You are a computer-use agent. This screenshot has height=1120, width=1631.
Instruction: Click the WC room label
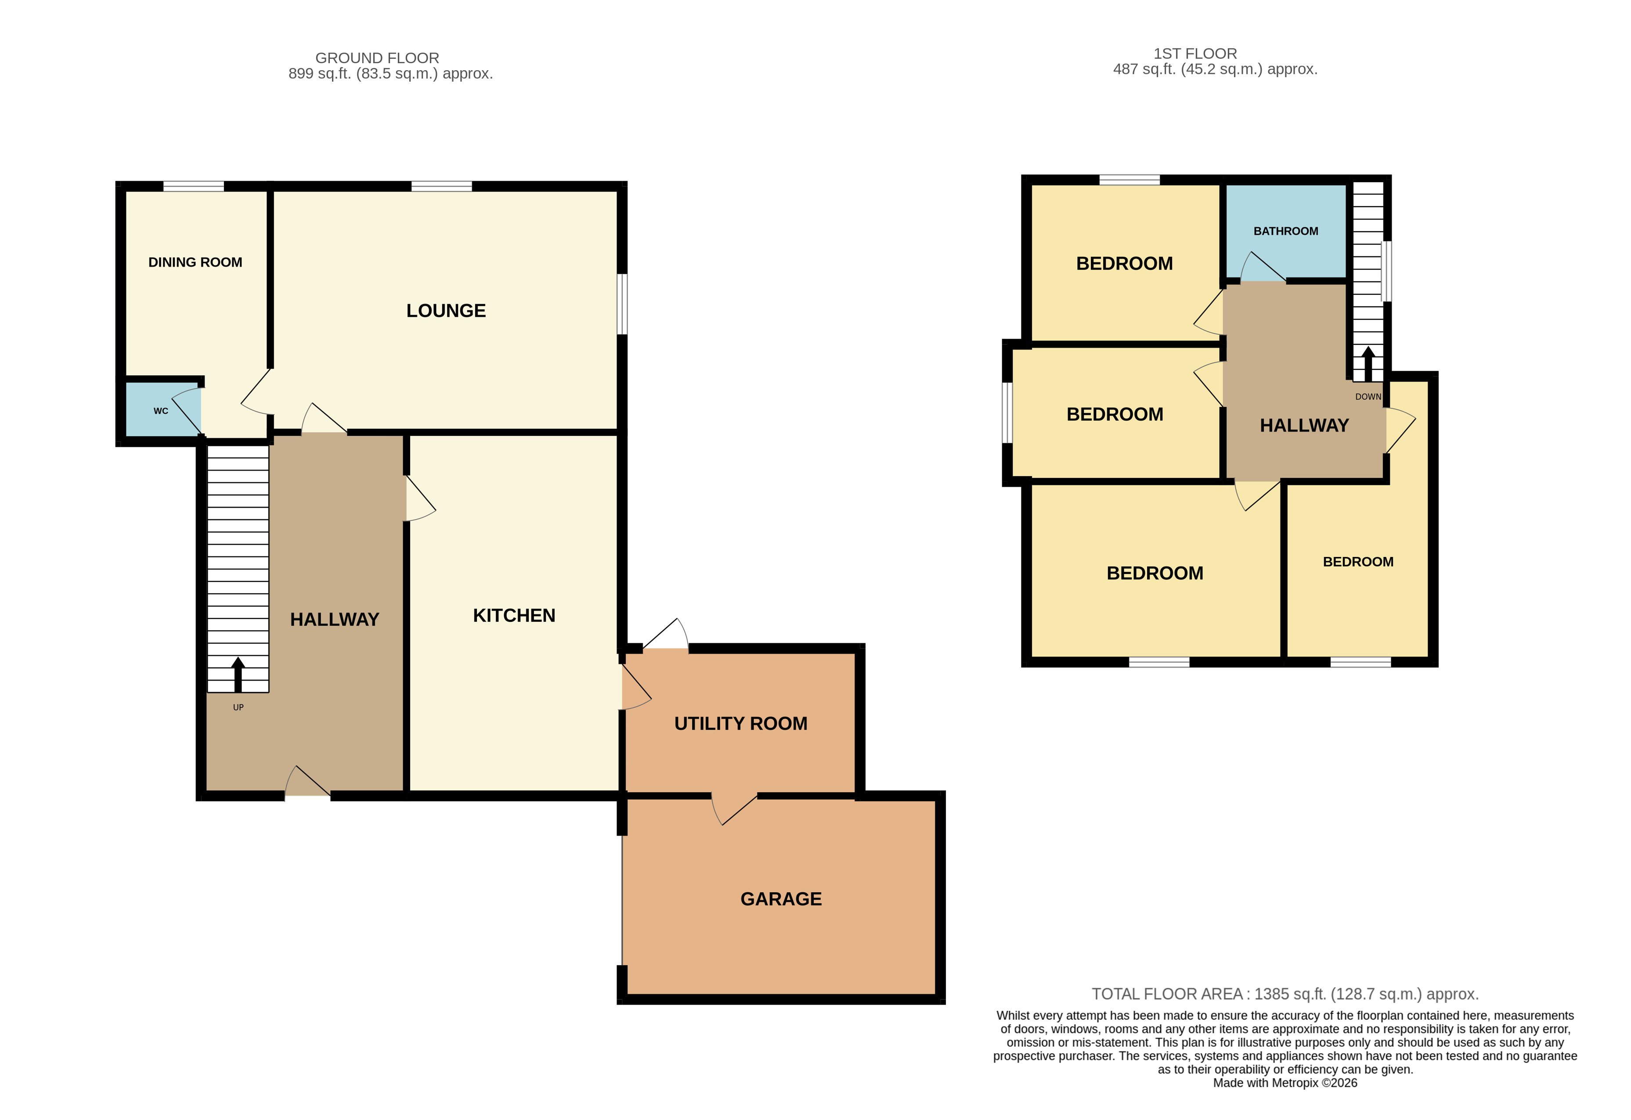pos(161,411)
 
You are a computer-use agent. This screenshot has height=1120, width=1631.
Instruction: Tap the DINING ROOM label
pos(195,262)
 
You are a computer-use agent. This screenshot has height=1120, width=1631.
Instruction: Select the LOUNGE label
pos(446,311)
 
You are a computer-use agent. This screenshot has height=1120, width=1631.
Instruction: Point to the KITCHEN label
pos(514,615)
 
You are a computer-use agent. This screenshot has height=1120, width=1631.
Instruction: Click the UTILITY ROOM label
pos(741,724)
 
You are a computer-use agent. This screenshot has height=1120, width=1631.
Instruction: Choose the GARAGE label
pos(781,899)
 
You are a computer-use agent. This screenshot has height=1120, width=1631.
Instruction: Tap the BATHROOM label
pos(1285,231)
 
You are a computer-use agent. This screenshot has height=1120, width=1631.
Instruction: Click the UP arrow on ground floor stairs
pos(238,675)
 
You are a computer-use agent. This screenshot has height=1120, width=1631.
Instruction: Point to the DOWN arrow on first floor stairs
pos(1368,363)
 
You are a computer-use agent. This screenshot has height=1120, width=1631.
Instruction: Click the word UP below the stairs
pos(238,707)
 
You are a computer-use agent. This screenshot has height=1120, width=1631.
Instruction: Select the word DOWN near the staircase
pos(1368,396)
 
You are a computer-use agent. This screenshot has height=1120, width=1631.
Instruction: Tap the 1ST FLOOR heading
pos(1195,54)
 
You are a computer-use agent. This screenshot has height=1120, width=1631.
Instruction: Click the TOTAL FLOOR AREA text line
pos(1285,994)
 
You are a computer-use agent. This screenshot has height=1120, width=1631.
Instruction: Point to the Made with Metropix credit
pos(1285,1083)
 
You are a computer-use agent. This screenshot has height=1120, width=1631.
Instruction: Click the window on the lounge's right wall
pos(622,304)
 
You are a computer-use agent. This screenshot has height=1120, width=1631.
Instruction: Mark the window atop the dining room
pos(194,186)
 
